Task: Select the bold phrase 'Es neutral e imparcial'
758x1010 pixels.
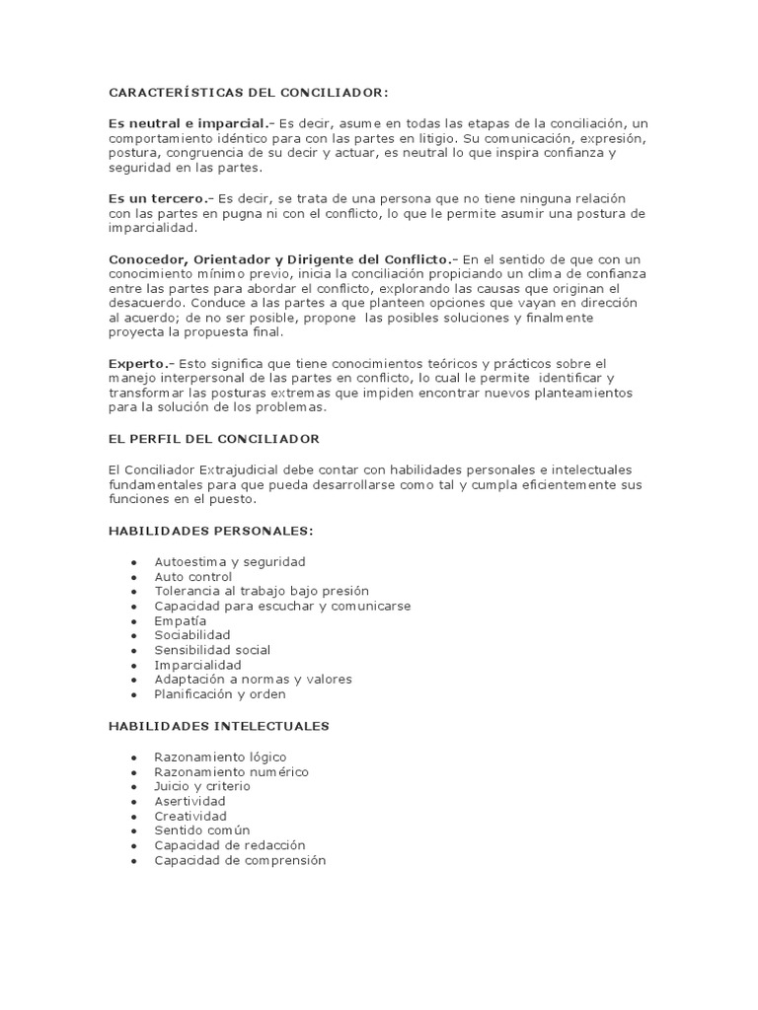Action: [188, 123]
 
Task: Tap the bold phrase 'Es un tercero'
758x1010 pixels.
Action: [158, 198]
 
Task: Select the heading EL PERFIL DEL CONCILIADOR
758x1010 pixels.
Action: [213, 438]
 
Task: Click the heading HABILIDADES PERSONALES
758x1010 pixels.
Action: [209, 531]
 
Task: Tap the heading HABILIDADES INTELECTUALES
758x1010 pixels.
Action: [218, 726]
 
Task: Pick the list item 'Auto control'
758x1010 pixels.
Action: [193, 576]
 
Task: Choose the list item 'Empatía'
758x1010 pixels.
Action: [181, 620]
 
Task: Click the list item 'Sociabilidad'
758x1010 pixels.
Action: [192, 635]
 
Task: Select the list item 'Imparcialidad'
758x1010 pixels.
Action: [197, 665]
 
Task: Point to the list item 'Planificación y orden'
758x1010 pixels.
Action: [220, 694]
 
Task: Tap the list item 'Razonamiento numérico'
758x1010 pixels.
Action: [231, 771]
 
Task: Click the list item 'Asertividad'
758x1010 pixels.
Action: [190, 801]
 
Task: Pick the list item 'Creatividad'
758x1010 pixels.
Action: [190, 816]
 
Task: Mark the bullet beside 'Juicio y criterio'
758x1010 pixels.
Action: [133, 787]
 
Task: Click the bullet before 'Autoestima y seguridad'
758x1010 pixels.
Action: [133, 562]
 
